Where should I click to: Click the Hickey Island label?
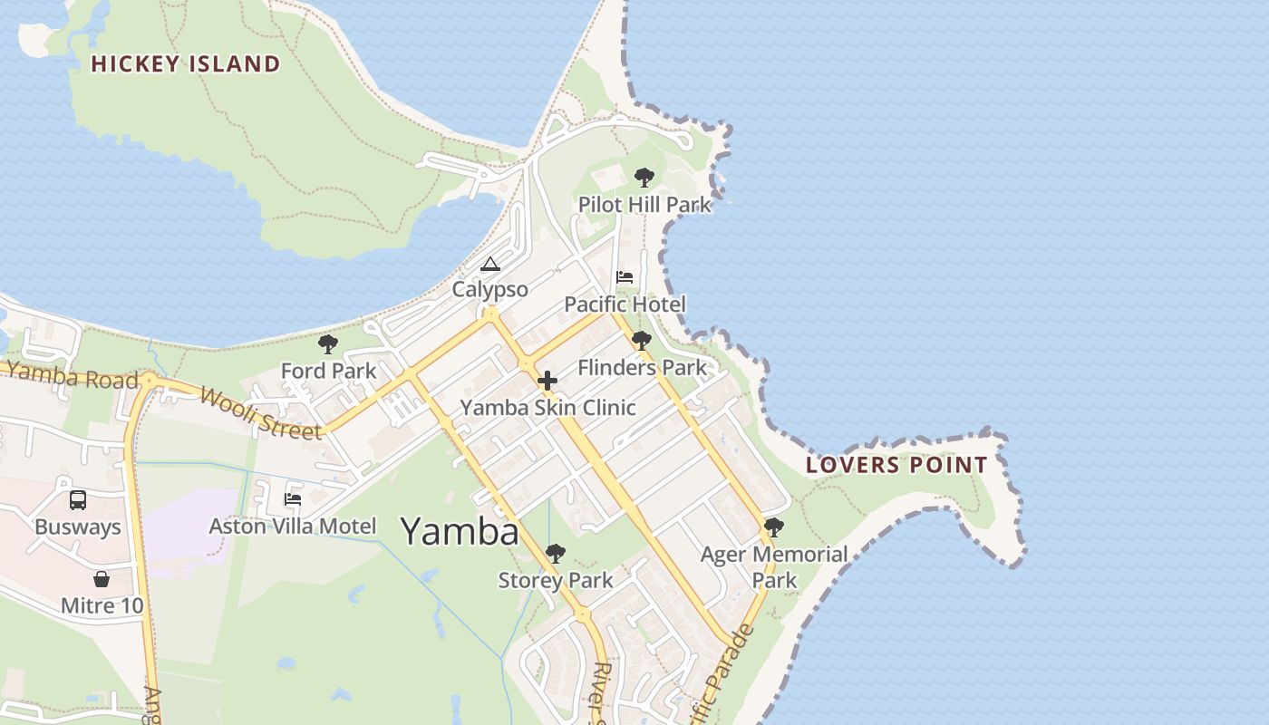[186, 63]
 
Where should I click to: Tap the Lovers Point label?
[896, 466]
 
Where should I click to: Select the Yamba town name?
[460, 531]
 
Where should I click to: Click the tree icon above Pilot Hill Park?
[644, 178]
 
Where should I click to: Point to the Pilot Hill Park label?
[644, 205]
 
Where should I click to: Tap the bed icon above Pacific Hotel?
[625, 277]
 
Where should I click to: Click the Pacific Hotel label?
[625, 304]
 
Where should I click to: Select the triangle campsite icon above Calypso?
[490, 265]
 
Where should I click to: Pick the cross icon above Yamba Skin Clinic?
[547, 381]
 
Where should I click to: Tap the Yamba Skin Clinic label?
[547, 408]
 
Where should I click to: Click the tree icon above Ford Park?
[328, 344]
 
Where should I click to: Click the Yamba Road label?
[73, 376]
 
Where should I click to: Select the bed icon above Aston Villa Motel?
[293, 498]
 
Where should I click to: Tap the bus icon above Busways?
[78, 499]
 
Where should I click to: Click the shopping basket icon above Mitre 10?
[102, 579]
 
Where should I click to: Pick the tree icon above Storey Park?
[556, 554]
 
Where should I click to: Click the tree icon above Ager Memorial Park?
[774, 527]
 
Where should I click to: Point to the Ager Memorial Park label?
[774, 566]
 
